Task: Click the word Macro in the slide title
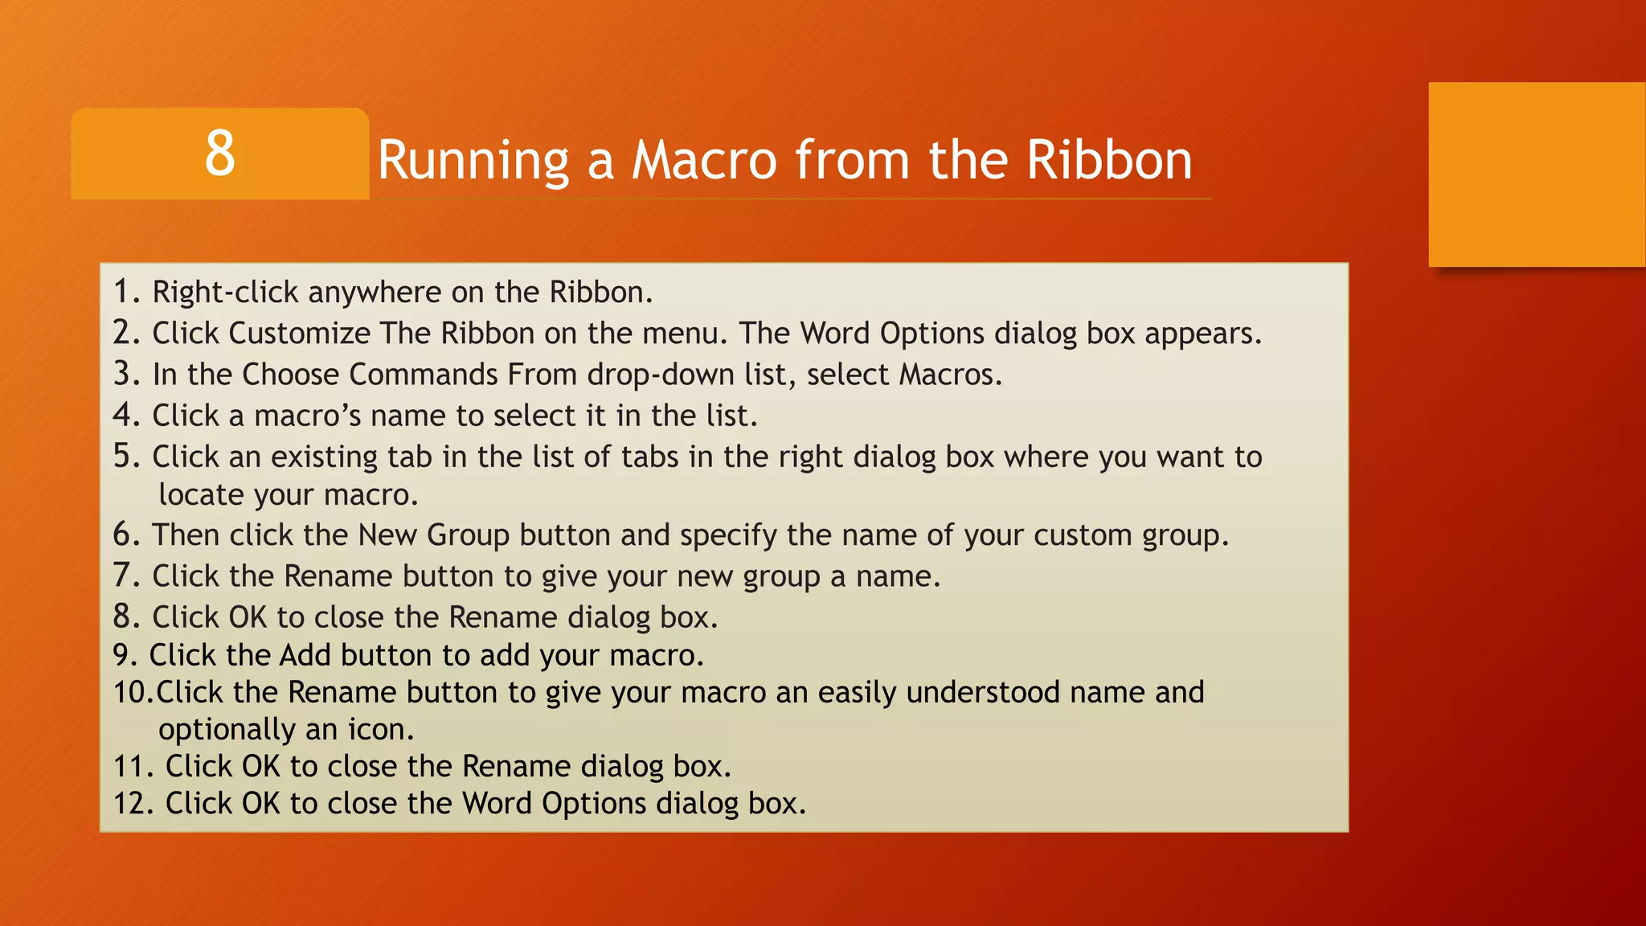pos(704,159)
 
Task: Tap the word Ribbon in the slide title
pos(1109,159)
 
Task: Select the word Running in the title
pos(473,159)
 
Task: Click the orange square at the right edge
pos(1537,174)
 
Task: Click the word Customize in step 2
pos(300,333)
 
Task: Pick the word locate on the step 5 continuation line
pos(201,494)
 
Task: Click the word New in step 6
pos(387,535)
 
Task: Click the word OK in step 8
pos(248,617)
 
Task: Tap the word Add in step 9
pos(305,655)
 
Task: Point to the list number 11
pos(131,766)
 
